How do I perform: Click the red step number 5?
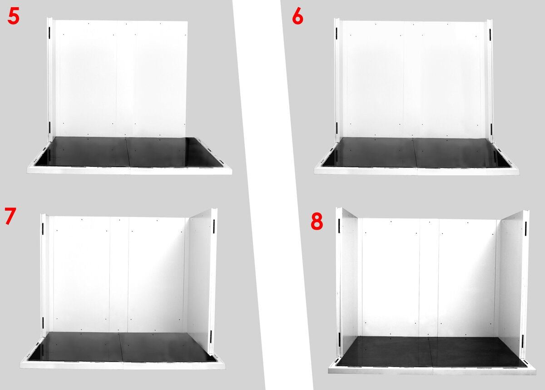tap(13, 16)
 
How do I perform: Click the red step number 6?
tap(297, 17)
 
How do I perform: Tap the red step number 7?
tap(10, 216)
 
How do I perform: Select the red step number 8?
tap(317, 222)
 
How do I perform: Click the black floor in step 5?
tap(129, 152)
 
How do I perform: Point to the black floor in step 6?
tap(416, 153)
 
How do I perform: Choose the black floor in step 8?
tap(431, 351)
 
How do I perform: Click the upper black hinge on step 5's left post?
tap(50, 31)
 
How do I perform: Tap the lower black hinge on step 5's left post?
tap(50, 126)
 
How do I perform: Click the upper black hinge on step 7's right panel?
tap(213, 226)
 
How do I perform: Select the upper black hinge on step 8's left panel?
tap(339, 225)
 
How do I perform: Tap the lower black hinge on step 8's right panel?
tap(523, 342)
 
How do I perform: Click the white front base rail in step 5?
tap(129, 171)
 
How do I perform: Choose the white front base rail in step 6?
tap(416, 171)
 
